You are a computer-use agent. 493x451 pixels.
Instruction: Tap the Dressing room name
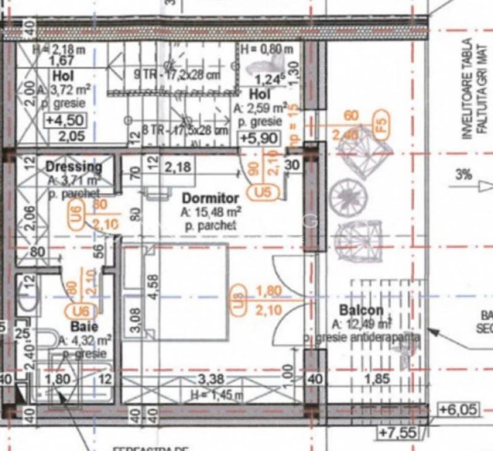[x=73, y=167]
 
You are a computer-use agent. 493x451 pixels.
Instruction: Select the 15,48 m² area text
[x=210, y=212]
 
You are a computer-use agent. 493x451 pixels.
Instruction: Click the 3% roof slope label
[x=464, y=175]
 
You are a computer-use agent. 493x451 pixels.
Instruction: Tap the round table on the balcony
[x=348, y=197]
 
